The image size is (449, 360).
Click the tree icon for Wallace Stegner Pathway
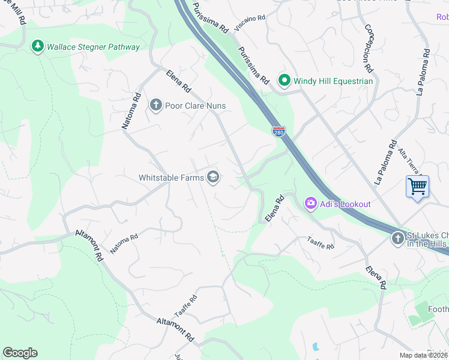pyautogui.click(x=37, y=46)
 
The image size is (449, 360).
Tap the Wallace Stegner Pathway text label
pyautogui.click(x=93, y=47)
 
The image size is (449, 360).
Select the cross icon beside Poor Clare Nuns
pyautogui.click(x=155, y=106)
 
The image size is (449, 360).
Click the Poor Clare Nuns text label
pyautogui.click(x=197, y=106)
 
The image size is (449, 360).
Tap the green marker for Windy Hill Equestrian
pyautogui.click(x=284, y=80)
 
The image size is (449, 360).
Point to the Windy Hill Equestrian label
pyautogui.click(x=333, y=81)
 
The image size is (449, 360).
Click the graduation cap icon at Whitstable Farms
pyautogui.click(x=212, y=177)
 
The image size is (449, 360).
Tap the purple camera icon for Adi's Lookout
pyautogui.click(x=310, y=204)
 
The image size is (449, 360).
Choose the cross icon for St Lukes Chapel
pyautogui.click(x=397, y=239)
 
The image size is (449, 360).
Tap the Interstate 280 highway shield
pyautogui.click(x=279, y=131)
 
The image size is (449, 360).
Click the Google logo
pyautogui.click(x=20, y=353)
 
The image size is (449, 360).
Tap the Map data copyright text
pyautogui.click(x=423, y=355)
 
